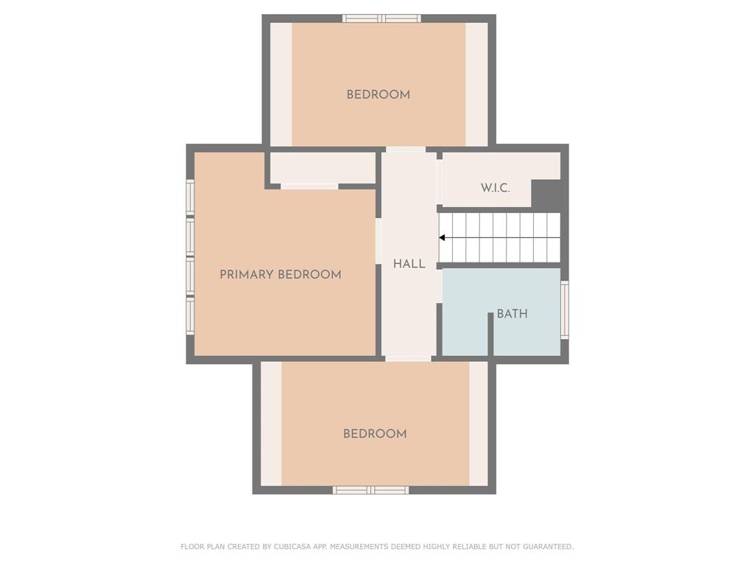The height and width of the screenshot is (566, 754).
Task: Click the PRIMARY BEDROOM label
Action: pos(281,275)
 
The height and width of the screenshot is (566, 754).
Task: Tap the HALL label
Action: pos(409,264)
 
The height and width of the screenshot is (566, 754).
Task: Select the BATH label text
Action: pos(512,314)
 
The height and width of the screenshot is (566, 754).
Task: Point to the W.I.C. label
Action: pos(496,188)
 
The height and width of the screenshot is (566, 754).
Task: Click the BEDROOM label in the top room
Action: pos(378,94)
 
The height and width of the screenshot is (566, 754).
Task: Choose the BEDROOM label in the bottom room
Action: pos(375,433)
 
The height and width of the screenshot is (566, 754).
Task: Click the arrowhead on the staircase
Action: pos(442,238)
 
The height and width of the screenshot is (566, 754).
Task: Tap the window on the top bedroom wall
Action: pos(382,18)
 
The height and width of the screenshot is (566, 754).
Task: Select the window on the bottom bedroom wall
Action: pos(371,490)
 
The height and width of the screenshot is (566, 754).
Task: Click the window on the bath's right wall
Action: pos(565,310)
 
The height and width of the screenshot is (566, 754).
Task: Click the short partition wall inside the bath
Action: pos(491,335)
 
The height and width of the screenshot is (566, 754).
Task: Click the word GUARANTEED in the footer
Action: pos(548,547)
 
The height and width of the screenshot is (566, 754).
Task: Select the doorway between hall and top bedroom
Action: pos(406,149)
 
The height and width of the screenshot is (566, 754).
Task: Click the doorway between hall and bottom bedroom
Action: pos(408,359)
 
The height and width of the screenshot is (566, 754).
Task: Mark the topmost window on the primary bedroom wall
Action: pos(191,198)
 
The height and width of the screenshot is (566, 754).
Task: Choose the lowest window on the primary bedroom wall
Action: pos(191,315)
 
